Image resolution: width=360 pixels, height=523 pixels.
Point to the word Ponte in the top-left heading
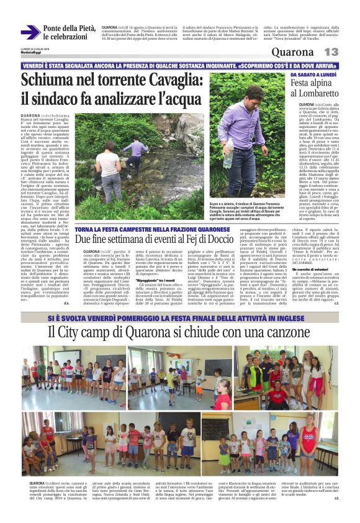(55, 29)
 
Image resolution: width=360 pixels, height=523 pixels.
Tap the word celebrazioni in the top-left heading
(66, 37)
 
